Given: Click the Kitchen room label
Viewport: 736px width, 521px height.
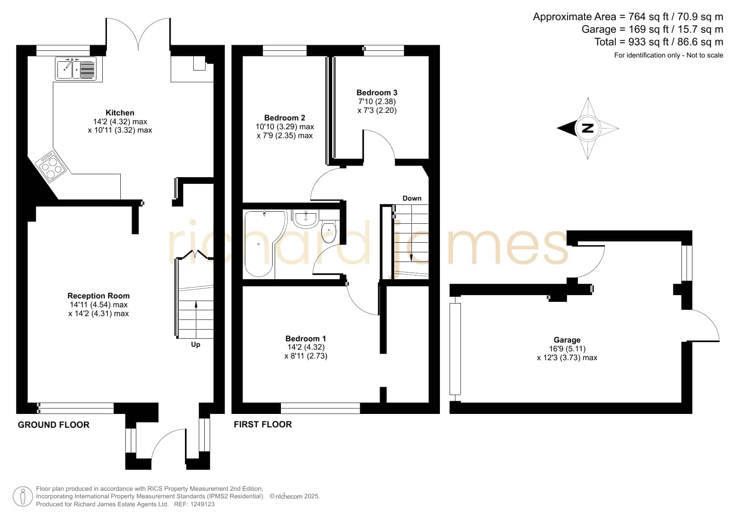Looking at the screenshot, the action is (120, 113).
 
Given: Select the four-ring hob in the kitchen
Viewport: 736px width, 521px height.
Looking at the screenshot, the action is (51, 166).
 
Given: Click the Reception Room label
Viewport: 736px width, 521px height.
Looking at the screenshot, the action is (99, 296).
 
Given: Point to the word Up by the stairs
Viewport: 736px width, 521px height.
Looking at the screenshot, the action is (195, 345).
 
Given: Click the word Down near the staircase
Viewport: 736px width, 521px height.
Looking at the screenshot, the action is (412, 198).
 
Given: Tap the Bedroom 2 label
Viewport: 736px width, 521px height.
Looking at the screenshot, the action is (285, 118).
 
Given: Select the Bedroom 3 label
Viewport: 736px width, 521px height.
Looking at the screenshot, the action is (377, 92).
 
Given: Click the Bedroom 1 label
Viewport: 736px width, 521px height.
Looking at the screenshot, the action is (306, 338).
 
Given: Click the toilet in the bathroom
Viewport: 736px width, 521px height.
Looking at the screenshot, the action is (329, 232).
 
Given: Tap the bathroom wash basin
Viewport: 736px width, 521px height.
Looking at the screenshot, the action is (306, 219).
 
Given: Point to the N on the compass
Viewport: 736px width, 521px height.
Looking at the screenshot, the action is (588, 128).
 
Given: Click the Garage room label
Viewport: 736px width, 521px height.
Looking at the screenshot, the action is (567, 340).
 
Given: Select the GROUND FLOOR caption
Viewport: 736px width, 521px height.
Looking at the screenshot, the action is (54, 425).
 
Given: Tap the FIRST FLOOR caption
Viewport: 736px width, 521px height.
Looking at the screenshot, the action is (263, 424).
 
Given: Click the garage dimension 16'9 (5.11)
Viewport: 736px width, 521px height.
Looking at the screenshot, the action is (567, 348).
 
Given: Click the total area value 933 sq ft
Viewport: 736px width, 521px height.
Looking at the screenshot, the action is (650, 42).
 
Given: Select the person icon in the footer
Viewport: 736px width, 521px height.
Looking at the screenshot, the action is (23, 497).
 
